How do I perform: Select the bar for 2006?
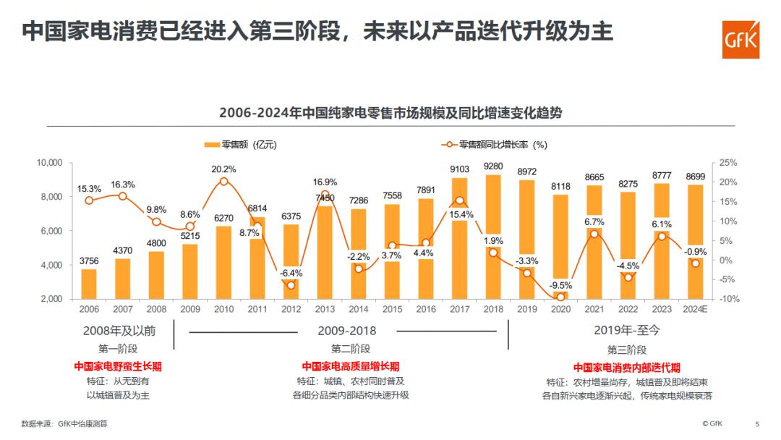[x=89, y=284]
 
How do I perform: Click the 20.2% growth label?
[x=223, y=169]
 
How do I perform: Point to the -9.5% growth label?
[x=560, y=285]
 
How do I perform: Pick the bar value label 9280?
[x=493, y=166]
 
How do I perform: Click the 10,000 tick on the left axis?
[x=50, y=163]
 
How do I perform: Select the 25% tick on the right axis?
[x=728, y=163]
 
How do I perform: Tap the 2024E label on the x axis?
[x=695, y=310]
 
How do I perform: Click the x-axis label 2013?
[x=325, y=310]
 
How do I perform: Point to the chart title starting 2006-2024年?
[x=390, y=114]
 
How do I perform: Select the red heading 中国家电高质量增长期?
[x=350, y=366]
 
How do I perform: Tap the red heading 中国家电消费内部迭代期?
[x=627, y=367]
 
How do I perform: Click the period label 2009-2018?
[x=347, y=331]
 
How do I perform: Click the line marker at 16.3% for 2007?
[x=122, y=196]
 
